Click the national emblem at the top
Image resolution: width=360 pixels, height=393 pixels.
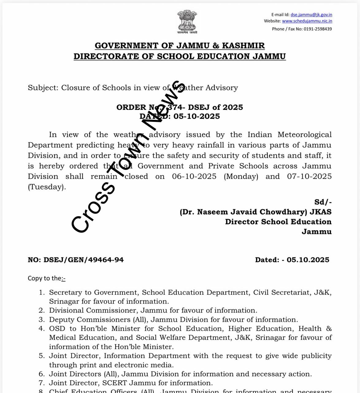tap(187, 21)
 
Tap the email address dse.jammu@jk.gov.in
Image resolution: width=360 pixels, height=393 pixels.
tap(311, 15)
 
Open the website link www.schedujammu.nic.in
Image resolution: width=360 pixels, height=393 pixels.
tap(307, 21)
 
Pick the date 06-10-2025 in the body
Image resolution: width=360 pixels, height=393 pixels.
tap(194, 177)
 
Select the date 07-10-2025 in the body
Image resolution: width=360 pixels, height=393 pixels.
tap(309, 177)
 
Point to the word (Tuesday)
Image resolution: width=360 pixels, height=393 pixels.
tap(47, 187)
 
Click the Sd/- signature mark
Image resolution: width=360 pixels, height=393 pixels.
tap(323, 202)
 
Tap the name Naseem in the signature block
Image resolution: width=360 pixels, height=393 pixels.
tap(213, 212)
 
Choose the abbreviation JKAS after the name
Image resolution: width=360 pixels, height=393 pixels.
tap(321, 212)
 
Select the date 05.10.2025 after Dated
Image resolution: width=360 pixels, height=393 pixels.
tap(308, 260)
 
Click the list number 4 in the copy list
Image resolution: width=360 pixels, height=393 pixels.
tap(42, 329)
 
